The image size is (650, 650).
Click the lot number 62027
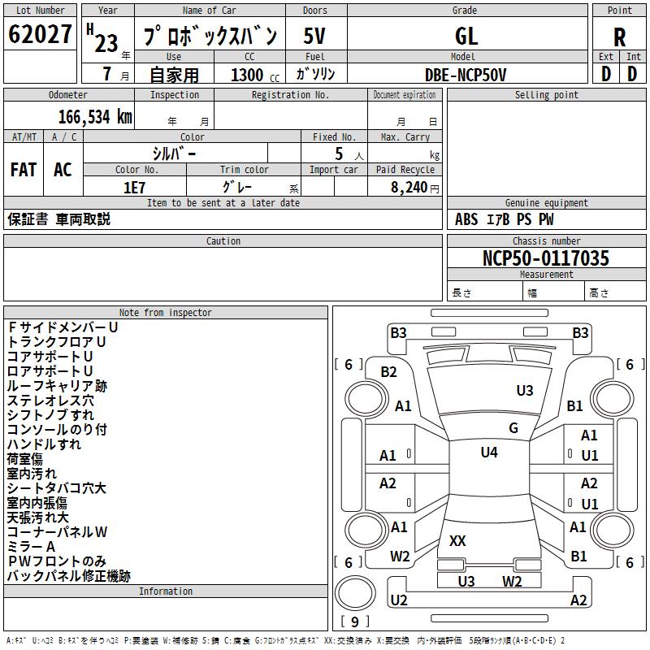coord(40,33)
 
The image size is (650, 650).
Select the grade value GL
coord(466,36)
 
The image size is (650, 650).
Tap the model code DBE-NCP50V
coord(466,75)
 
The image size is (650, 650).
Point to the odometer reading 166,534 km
coord(95,117)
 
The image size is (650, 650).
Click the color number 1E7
coord(134,188)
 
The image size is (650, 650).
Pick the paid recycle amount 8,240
coord(409,188)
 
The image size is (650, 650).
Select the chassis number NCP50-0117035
coord(546,258)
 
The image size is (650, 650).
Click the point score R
coord(619,37)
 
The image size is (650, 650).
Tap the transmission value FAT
coord(24,170)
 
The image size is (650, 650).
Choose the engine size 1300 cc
coord(255,75)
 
